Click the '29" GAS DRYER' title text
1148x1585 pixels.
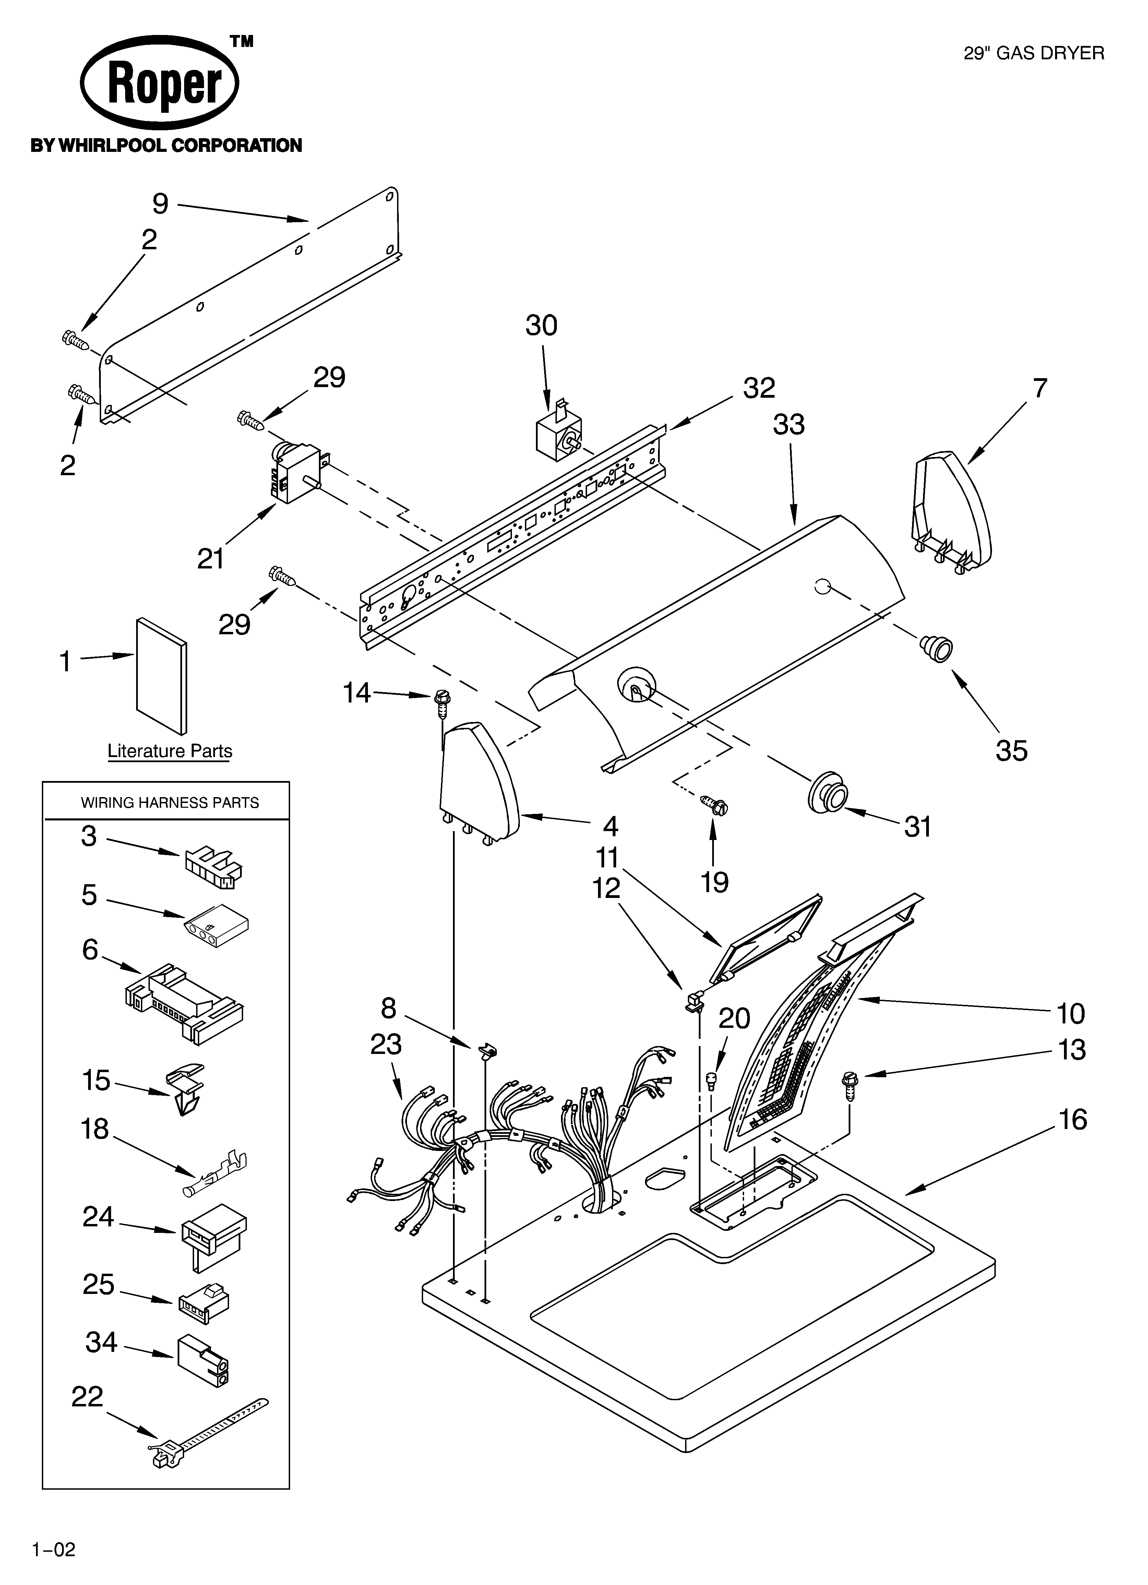pyautogui.click(x=1033, y=53)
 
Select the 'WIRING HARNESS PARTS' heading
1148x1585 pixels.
pyautogui.click(x=170, y=802)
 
